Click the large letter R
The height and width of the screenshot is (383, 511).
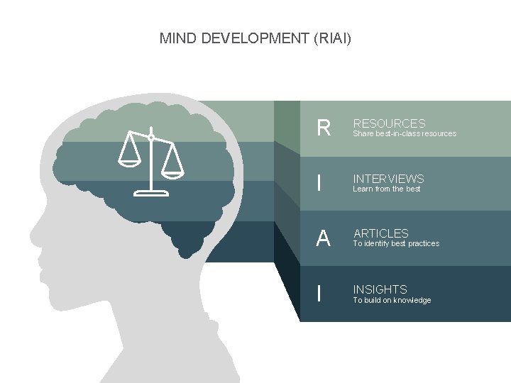[x=324, y=128]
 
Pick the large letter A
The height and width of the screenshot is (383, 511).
[x=324, y=238]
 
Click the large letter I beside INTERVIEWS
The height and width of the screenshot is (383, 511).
[x=320, y=184]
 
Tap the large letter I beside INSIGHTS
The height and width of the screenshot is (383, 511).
[x=320, y=294]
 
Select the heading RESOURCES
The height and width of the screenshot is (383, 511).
[x=389, y=123]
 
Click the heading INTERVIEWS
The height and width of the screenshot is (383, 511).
[x=388, y=179]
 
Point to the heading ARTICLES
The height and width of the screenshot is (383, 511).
[x=381, y=233]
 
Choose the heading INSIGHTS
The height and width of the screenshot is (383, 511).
[x=380, y=289]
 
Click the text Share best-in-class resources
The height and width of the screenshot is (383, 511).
[x=405, y=133]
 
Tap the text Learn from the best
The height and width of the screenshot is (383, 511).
[x=387, y=189]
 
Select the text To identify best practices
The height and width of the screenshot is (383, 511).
[x=396, y=243]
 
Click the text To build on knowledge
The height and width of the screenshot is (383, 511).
[x=392, y=300]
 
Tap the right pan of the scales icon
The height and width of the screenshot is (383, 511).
[x=172, y=171]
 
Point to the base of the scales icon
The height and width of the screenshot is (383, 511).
[x=150, y=191]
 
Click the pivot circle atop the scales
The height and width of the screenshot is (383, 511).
[x=150, y=136]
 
